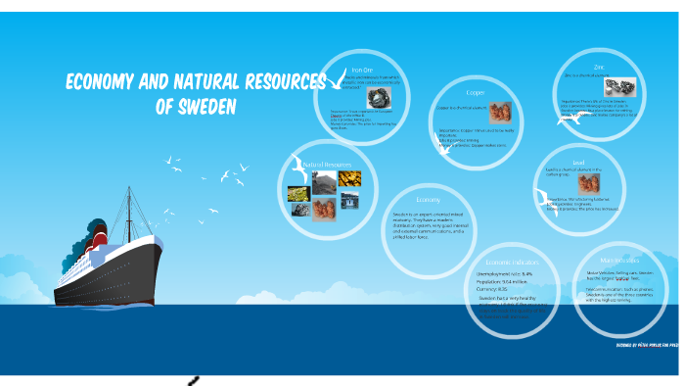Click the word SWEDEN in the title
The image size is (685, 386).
click(x=197, y=106)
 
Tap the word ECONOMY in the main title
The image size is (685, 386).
click(x=102, y=81)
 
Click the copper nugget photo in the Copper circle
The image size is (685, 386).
click(x=500, y=112)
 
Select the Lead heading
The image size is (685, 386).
click(x=578, y=162)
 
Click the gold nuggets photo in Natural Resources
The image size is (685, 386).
click(x=349, y=178)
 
